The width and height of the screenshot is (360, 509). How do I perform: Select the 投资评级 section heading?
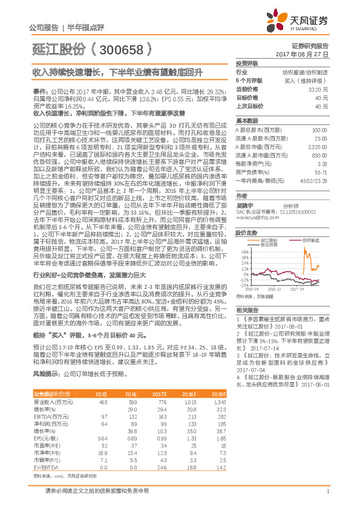(247, 63)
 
